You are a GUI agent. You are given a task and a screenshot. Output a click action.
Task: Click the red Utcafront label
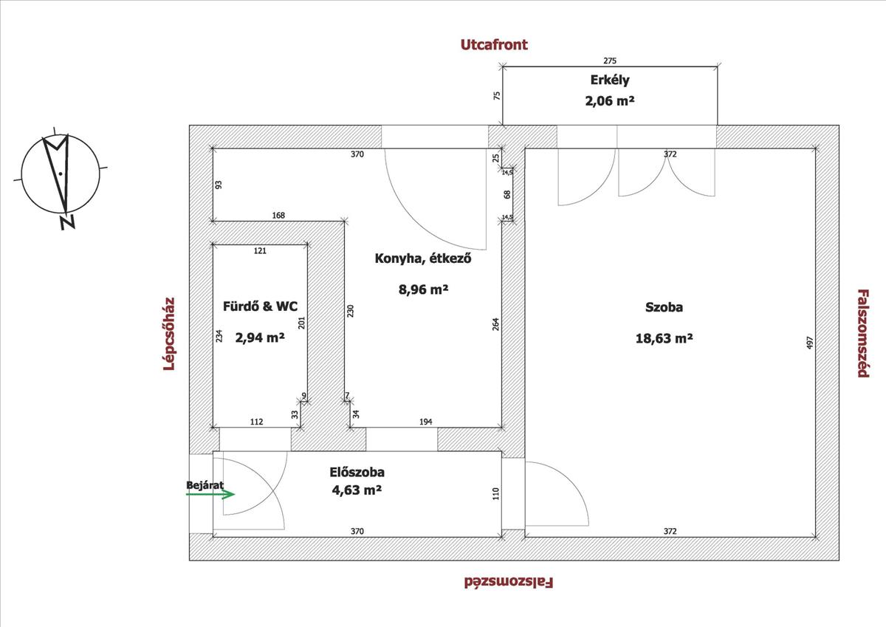click(x=494, y=45)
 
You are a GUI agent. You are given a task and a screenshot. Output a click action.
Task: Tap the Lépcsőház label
click(x=169, y=334)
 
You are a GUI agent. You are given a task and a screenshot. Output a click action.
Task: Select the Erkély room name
click(x=610, y=80)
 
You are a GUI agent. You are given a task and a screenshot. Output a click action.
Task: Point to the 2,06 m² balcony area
click(x=610, y=101)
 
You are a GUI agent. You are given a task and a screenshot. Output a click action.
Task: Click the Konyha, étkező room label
click(x=423, y=258)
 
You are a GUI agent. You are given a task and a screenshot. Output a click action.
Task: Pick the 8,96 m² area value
click(x=423, y=289)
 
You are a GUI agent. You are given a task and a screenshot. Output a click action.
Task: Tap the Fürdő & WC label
click(x=260, y=306)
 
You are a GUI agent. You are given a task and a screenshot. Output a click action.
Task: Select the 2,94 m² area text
click(x=260, y=338)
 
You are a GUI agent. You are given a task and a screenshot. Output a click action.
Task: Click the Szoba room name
click(x=664, y=307)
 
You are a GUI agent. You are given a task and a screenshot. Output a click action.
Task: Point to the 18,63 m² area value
click(x=664, y=339)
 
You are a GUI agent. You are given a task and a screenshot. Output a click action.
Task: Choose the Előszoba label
click(x=357, y=473)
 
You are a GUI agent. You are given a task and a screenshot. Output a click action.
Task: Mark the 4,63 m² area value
click(x=357, y=490)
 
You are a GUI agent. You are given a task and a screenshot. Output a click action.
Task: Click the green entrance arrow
click(x=210, y=494)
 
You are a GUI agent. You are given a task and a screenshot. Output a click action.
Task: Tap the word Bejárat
click(x=205, y=485)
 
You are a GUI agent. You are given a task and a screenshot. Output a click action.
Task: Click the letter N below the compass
click(x=68, y=222)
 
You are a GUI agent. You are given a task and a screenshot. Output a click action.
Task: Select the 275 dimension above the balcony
click(x=610, y=61)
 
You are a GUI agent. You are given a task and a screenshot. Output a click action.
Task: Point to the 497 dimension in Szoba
click(x=809, y=343)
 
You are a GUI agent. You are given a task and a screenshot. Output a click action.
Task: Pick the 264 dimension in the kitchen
click(x=495, y=324)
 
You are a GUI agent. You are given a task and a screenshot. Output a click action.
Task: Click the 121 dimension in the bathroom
click(x=260, y=251)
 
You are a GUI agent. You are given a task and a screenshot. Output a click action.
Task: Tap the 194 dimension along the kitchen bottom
click(x=425, y=422)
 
